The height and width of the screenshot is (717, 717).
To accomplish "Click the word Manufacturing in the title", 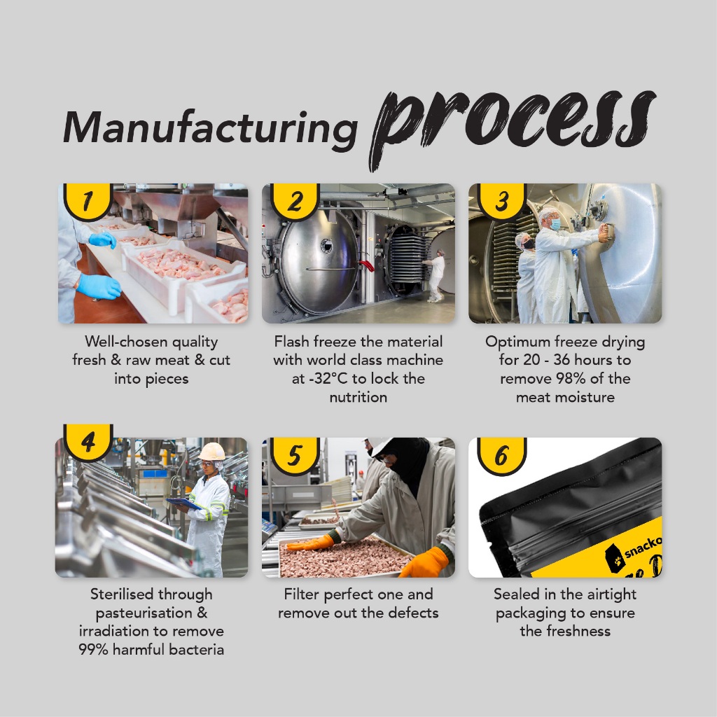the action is tap(210, 130).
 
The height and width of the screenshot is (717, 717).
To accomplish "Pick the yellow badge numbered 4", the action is tap(88, 443).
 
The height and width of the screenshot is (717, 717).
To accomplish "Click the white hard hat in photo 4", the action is tap(211, 452).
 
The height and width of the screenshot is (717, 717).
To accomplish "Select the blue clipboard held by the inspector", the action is tap(184, 504).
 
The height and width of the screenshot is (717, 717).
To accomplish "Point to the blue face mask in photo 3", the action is tap(555, 225).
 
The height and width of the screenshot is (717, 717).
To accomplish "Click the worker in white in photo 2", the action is tap(435, 275).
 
